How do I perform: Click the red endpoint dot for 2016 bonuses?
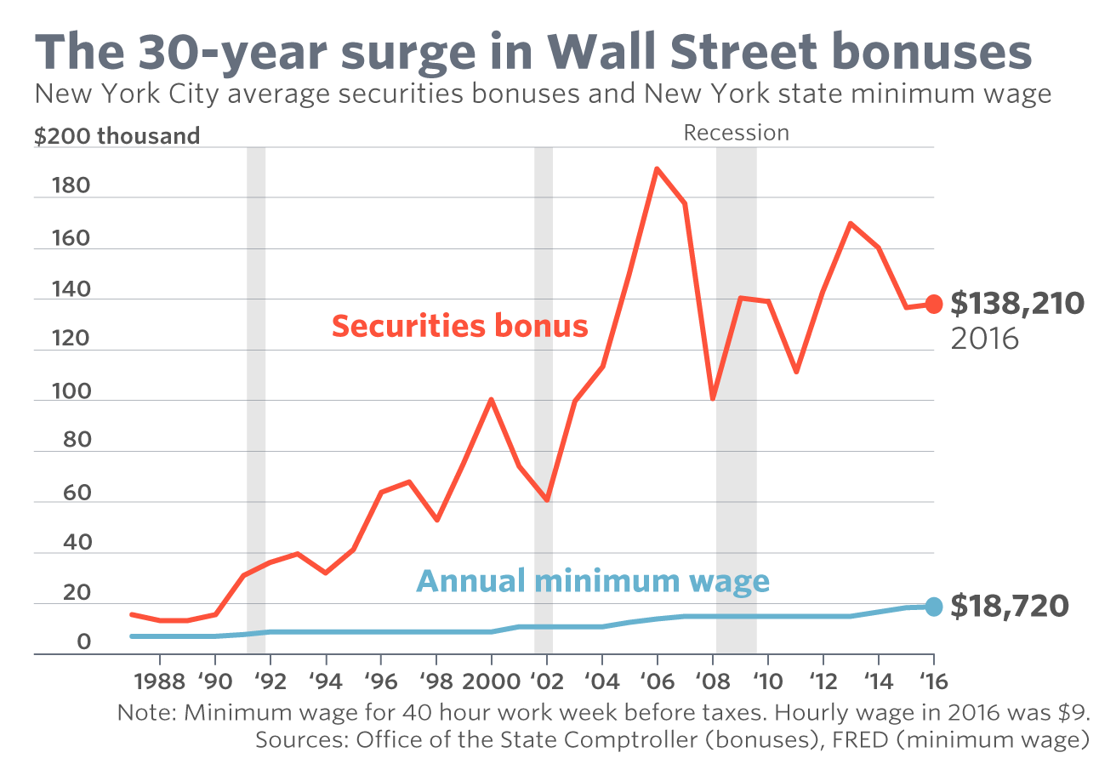(933, 304)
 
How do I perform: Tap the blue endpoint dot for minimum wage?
(933, 607)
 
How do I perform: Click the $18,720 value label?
(1009, 607)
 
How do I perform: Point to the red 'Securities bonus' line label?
(459, 326)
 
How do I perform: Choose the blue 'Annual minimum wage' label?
(593, 581)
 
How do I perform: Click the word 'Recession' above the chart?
(736, 133)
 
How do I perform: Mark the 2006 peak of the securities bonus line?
(657, 168)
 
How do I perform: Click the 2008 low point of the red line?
(712, 398)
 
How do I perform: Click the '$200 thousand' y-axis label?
(117, 136)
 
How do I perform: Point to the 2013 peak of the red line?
(850, 224)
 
